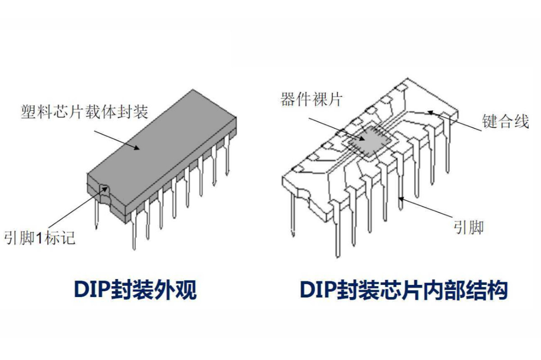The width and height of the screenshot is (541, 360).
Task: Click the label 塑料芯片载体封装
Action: click(85, 112)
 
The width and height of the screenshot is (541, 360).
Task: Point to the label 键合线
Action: click(505, 121)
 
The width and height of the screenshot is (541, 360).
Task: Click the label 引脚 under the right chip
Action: click(469, 227)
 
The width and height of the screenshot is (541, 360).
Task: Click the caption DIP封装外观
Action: click(135, 290)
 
